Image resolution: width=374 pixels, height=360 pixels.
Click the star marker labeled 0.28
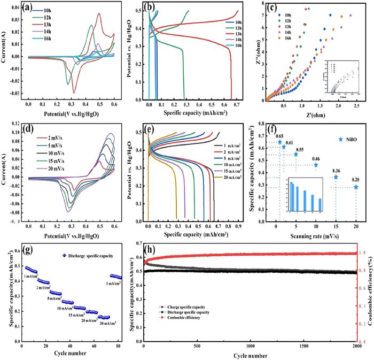pyautogui.click(x=356, y=187)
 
